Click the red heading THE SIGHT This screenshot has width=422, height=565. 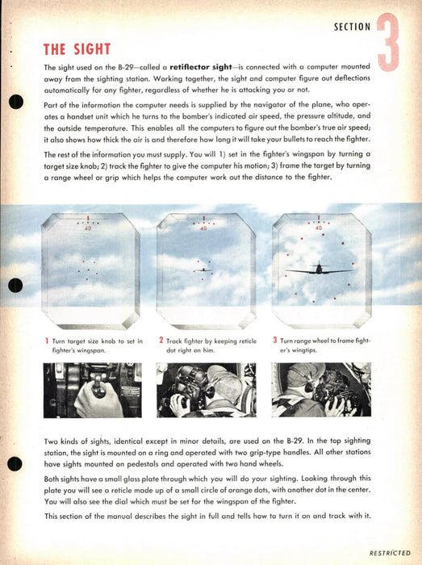tap(77, 49)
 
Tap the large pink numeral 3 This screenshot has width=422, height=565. tap(388, 42)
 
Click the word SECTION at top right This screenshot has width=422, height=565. tap(352, 27)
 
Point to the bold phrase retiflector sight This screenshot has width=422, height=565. tap(201, 67)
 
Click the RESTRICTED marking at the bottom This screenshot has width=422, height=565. tap(390, 553)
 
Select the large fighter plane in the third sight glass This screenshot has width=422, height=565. tap(319, 269)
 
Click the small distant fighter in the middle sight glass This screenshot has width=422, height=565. tap(203, 270)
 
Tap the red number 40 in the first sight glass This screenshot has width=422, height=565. tap(88, 228)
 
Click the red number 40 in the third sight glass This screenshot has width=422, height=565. tap(319, 228)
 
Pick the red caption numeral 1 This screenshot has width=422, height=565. tap(47, 341)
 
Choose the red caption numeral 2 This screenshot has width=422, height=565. tap(161, 340)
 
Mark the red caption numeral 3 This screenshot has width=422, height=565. tap(275, 340)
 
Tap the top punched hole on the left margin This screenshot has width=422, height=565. tap(16, 102)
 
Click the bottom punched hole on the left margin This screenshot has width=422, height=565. tap(15, 463)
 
